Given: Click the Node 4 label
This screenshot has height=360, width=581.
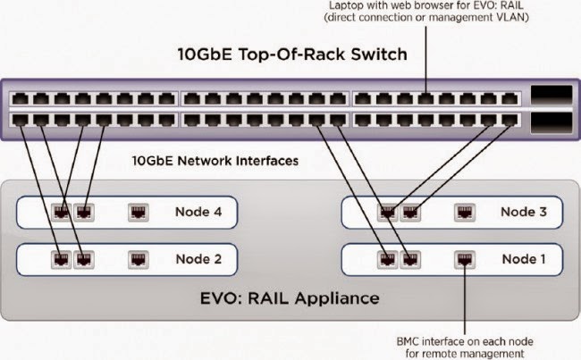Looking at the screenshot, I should pos(198,213).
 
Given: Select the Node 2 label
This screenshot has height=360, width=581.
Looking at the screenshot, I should pos(198,260).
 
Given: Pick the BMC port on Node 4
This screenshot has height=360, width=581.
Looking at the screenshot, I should pos(139,213).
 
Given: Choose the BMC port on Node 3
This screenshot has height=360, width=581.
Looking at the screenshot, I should pos(465,213).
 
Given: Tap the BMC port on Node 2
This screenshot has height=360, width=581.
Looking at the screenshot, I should pos(139,260).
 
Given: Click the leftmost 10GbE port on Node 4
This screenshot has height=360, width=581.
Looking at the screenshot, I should pos(61,213).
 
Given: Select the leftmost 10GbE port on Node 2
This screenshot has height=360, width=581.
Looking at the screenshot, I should pos(61,260).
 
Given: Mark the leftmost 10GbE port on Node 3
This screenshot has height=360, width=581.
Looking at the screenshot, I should pos(387,213).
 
